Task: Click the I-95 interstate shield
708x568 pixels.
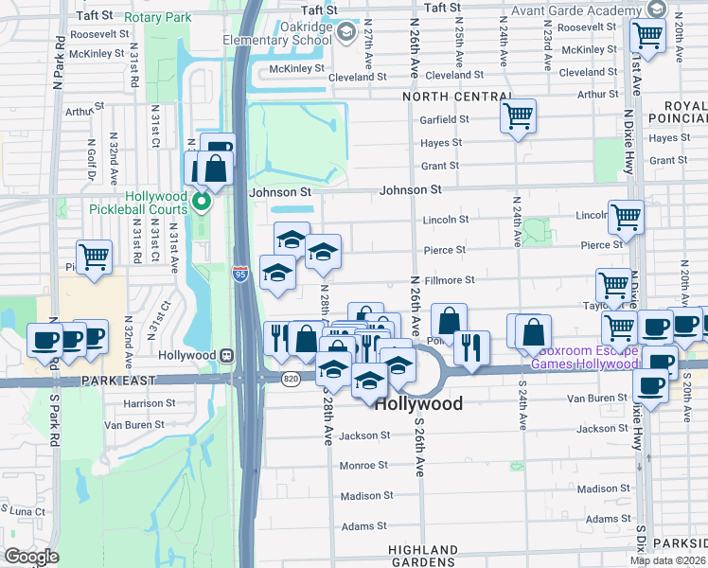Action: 241,273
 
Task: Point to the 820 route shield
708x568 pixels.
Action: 292,379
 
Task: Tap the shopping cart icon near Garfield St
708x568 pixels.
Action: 518,116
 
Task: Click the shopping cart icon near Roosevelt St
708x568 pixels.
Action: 648,36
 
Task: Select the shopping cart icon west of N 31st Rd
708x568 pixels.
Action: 95,257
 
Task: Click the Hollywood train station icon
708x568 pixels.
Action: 226,355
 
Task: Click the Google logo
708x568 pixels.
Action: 31,556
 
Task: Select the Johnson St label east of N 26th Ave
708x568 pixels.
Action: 410,189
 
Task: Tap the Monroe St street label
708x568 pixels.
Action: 363,465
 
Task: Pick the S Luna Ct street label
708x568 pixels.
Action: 21,511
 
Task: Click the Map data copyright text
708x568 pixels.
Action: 668,560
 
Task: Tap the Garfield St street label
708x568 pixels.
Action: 445,119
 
